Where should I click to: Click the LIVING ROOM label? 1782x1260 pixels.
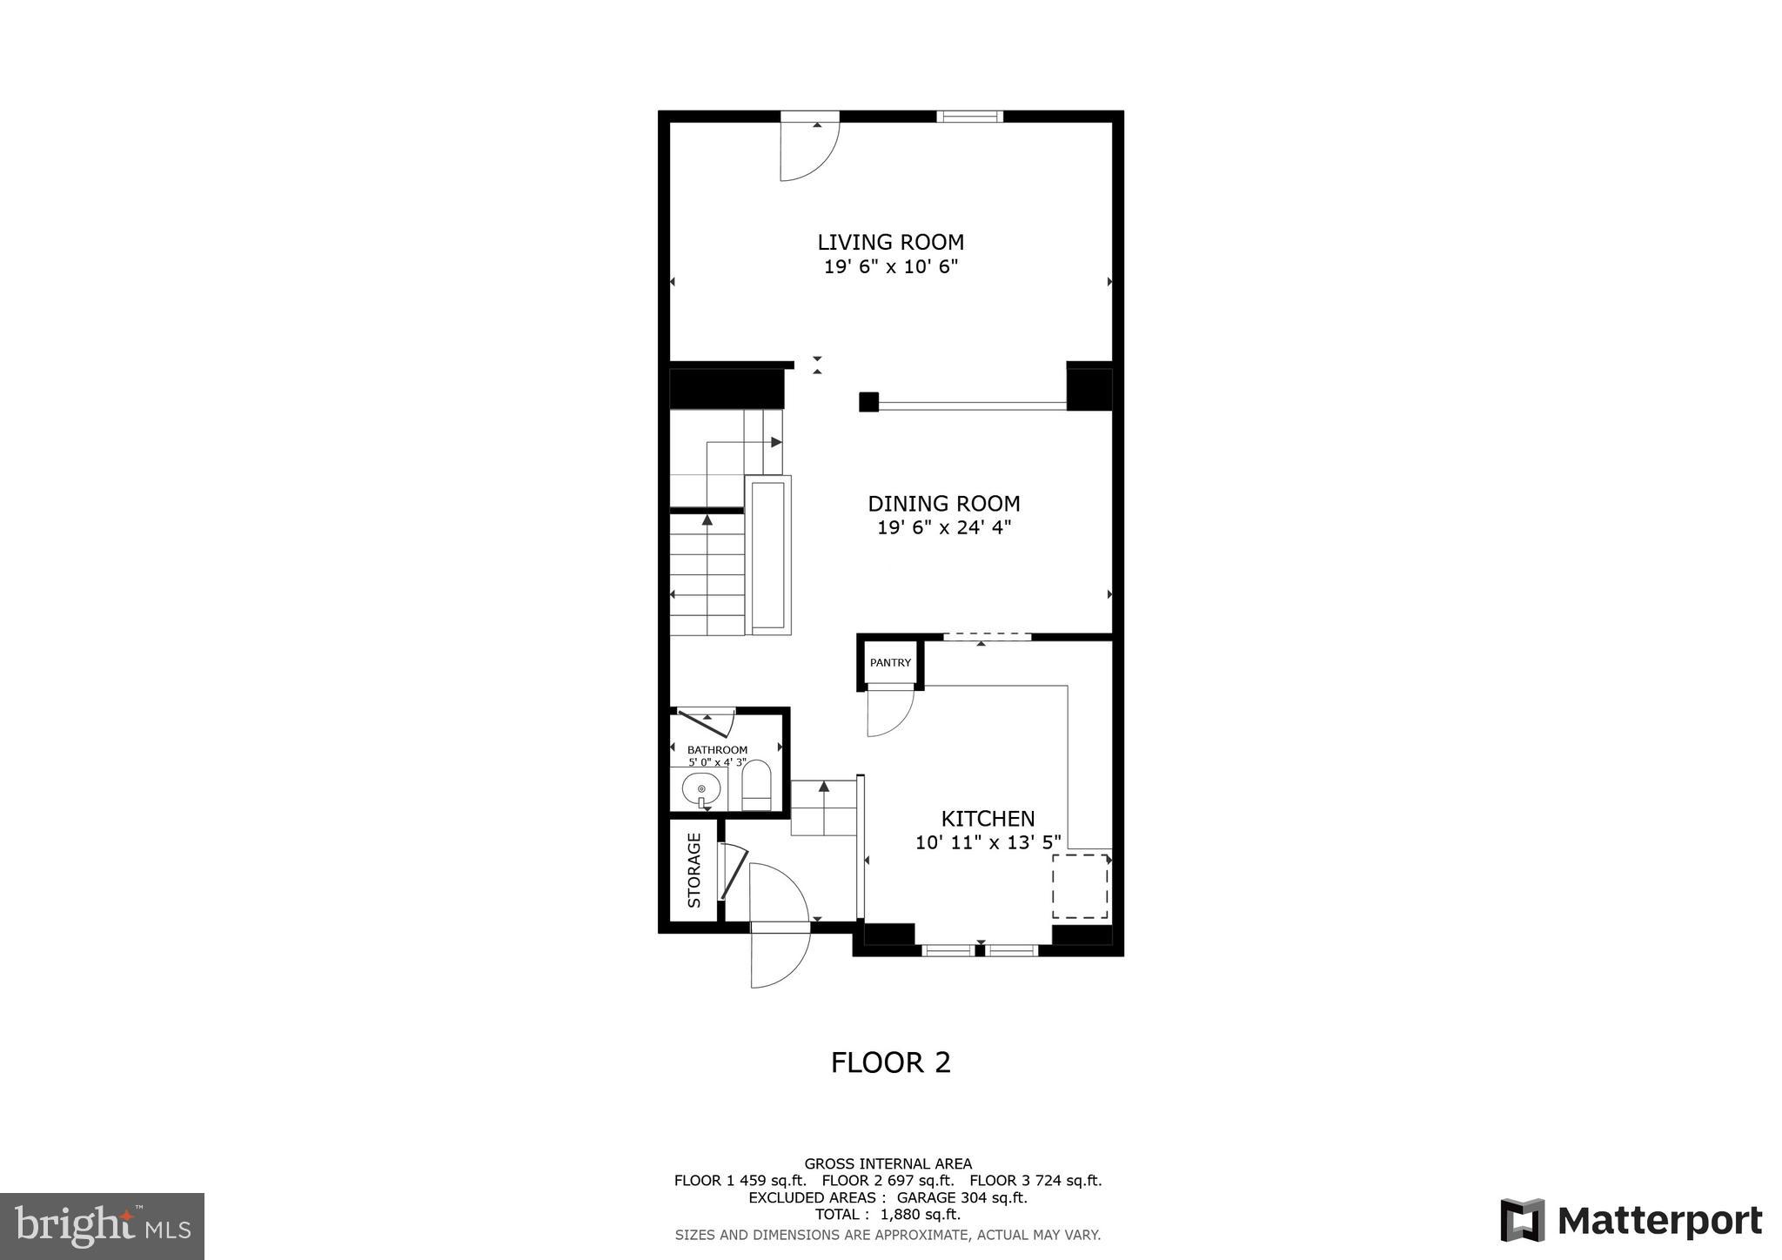(x=890, y=242)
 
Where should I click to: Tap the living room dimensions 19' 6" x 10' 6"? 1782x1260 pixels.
(x=890, y=267)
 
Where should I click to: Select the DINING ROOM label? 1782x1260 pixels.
(x=943, y=504)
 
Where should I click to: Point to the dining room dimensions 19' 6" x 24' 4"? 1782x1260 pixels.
(x=943, y=527)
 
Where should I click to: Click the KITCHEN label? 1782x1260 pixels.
(x=988, y=819)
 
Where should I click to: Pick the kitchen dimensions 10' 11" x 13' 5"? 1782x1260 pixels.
(x=988, y=842)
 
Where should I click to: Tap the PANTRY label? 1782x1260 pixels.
(x=890, y=663)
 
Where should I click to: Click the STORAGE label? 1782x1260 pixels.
(x=694, y=870)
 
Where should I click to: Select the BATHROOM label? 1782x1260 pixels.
(x=717, y=750)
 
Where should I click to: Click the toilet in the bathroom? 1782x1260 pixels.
(x=756, y=785)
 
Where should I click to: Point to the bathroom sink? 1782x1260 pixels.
(x=701, y=790)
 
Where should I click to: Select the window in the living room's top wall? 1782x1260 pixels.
(x=969, y=117)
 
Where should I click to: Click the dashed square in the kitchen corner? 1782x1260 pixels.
(x=1080, y=886)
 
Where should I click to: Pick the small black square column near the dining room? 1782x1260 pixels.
(x=868, y=402)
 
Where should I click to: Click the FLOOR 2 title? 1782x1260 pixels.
(x=890, y=1062)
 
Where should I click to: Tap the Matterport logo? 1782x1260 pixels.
(x=1631, y=1221)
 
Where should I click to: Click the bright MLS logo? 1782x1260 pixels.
(x=102, y=1226)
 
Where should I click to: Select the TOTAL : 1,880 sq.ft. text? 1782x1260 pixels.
(x=888, y=1215)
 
